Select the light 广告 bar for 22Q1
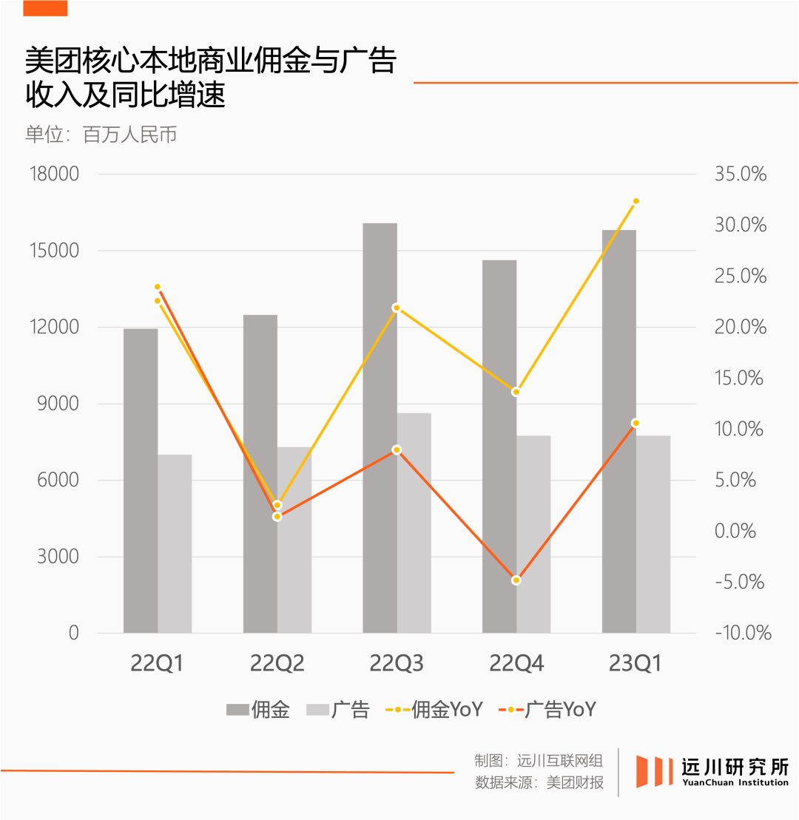coord(175,543)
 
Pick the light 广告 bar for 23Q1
coord(653,534)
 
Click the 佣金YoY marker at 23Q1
coord(636,201)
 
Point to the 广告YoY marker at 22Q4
coord(516,580)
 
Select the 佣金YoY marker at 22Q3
coord(397,308)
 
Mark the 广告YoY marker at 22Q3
coord(397,450)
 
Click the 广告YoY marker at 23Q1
coord(636,423)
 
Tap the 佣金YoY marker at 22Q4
coord(516,392)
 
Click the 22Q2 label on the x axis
coord(277,664)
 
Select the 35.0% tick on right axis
coord(740,174)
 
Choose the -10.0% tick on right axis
coord(742,633)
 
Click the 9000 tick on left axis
coord(58,404)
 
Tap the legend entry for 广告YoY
coord(547,710)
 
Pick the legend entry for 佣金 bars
coord(257,710)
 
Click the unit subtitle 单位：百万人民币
coord(101,135)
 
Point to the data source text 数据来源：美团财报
coord(539,783)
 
